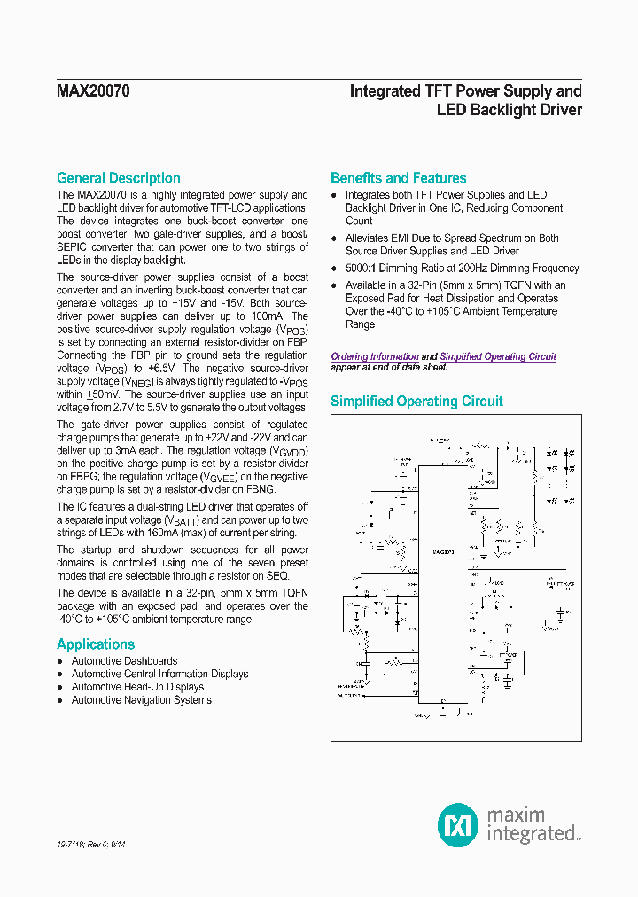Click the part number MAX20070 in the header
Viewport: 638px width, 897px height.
pos(93,91)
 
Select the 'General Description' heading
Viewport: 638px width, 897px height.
pos(118,178)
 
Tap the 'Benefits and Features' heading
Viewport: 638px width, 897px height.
pos(398,178)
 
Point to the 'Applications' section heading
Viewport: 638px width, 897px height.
pos(96,644)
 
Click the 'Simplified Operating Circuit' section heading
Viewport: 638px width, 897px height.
pos(416,402)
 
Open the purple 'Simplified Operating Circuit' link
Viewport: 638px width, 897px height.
pos(498,356)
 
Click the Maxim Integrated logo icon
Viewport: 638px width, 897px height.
pos(458,823)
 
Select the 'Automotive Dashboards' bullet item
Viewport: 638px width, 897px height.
pos(124,661)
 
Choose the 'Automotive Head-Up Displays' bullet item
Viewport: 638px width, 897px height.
pos(137,687)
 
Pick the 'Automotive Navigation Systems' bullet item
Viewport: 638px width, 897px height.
pos(141,700)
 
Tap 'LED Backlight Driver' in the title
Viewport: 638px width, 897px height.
pos(510,110)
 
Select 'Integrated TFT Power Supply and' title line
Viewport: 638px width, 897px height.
pos(466,90)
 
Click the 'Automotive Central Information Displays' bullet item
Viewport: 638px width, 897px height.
pos(159,675)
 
